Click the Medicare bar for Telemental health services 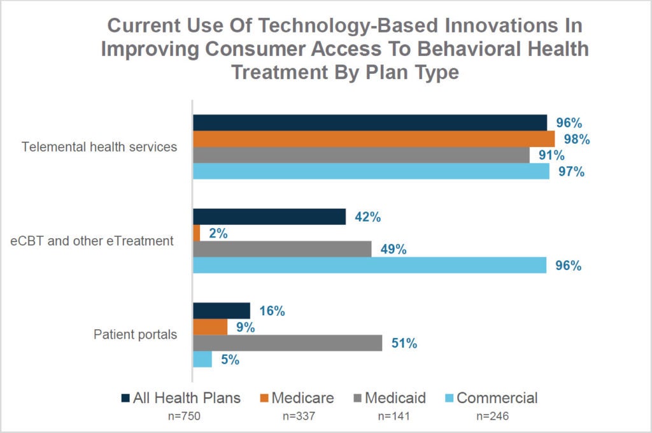374,139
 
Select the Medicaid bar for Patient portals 288,343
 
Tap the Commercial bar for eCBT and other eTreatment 370,265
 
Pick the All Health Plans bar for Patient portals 222,311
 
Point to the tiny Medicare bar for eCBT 197,233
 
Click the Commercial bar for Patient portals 202,359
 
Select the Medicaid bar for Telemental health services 362,155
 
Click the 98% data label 577,139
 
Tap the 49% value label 393,249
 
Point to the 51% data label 404,343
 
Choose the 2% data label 218,233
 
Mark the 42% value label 367,216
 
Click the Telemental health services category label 99,147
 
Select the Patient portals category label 135,334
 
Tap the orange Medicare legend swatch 264,398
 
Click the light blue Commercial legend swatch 449,398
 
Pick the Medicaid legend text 395,397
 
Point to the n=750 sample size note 184,416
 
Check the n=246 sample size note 493,416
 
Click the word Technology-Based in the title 348,25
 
